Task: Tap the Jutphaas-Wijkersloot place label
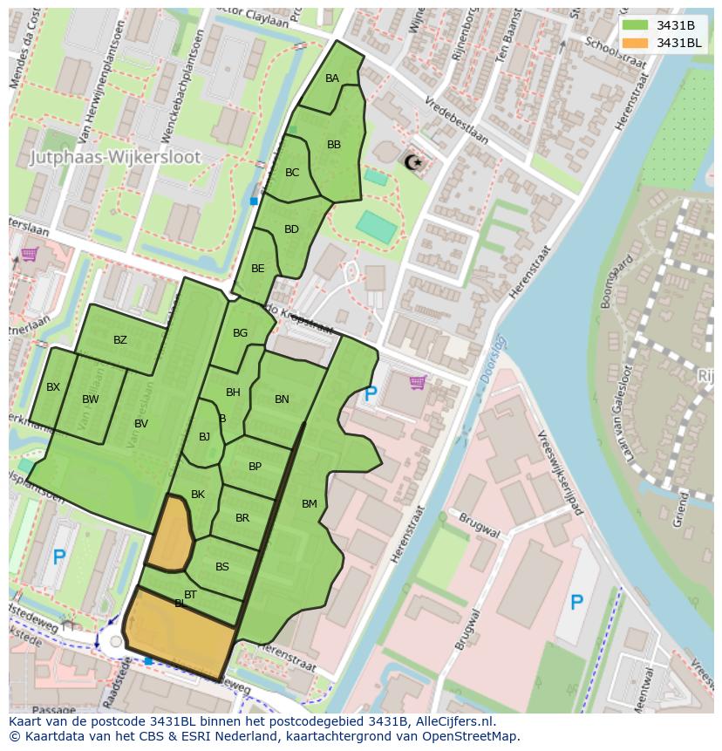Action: point(115,158)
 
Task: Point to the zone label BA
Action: point(332,79)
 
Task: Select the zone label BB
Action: point(334,145)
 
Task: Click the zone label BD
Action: point(291,229)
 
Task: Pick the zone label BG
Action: point(241,333)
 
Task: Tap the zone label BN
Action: point(282,399)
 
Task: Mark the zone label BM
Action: point(310,504)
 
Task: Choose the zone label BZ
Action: point(120,340)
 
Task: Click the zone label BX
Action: point(53,387)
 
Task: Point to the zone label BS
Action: point(222,567)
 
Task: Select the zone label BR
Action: point(242,518)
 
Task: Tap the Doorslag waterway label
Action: point(493,358)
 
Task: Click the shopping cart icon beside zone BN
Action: point(418,382)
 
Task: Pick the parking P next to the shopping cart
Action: point(371,393)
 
